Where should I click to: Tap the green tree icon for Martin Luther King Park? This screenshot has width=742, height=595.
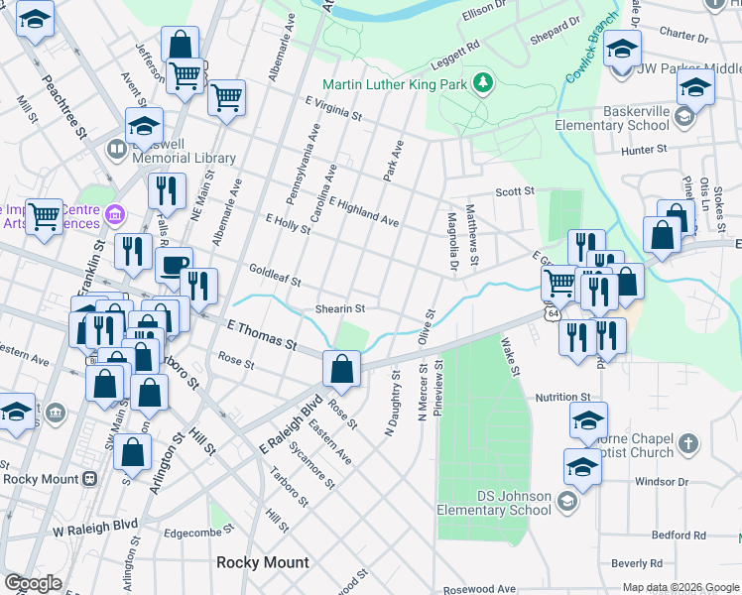tap(484, 81)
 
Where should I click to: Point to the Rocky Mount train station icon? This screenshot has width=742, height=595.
tap(90, 478)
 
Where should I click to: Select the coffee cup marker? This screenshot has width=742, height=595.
tap(175, 265)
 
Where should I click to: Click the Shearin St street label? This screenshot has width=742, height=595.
tap(340, 308)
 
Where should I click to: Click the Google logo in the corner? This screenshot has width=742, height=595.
tap(33, 583)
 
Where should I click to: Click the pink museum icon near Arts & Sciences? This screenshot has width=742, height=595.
tap(115, 214)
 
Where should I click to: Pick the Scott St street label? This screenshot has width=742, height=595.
tap(515, 190)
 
